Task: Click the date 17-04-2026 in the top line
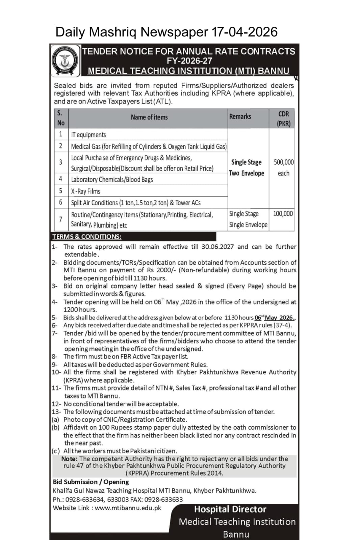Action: click(245, 32)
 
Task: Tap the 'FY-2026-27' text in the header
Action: click(189, 61)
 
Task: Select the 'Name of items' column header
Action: click(149, 117)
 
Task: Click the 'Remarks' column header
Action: click(240, 116)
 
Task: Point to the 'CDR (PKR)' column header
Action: click(283, 118)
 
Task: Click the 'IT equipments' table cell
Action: click(88, 135)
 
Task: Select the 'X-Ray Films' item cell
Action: click(85, 191)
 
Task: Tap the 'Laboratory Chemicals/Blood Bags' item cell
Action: click(112, 180)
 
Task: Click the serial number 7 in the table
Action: click(61, 219)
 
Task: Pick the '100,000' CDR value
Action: click(283, 213)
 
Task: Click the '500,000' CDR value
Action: click(284, 162)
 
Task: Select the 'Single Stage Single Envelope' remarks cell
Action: click(248, 219)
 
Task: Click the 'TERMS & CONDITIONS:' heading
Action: click(87, 237)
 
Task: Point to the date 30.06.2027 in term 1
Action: click(217, 247)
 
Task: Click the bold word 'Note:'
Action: click(70, 459)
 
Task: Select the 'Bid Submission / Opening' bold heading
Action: click(91, 482)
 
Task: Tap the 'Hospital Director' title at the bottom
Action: click(230, 509)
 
